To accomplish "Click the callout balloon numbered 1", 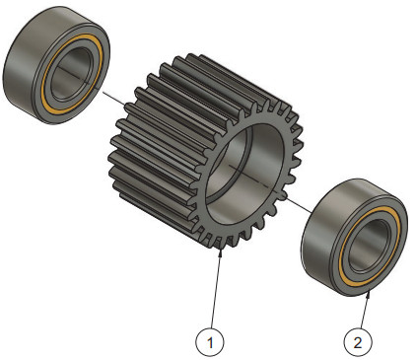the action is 210,342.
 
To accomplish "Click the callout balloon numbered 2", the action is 358,342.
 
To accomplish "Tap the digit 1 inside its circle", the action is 210,342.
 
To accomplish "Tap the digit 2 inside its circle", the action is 358,342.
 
